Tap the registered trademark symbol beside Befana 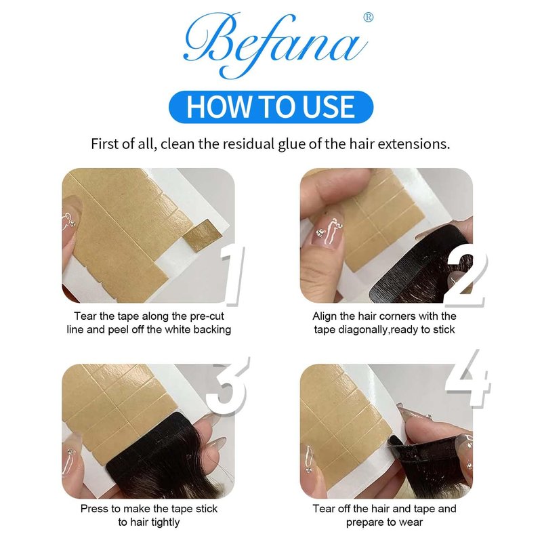[x=369, y=18]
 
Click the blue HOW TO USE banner [x=271, y=107]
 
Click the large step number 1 [x=232, y=276]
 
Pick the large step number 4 [x=468, y=378]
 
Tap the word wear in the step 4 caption [x=411, y=522]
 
